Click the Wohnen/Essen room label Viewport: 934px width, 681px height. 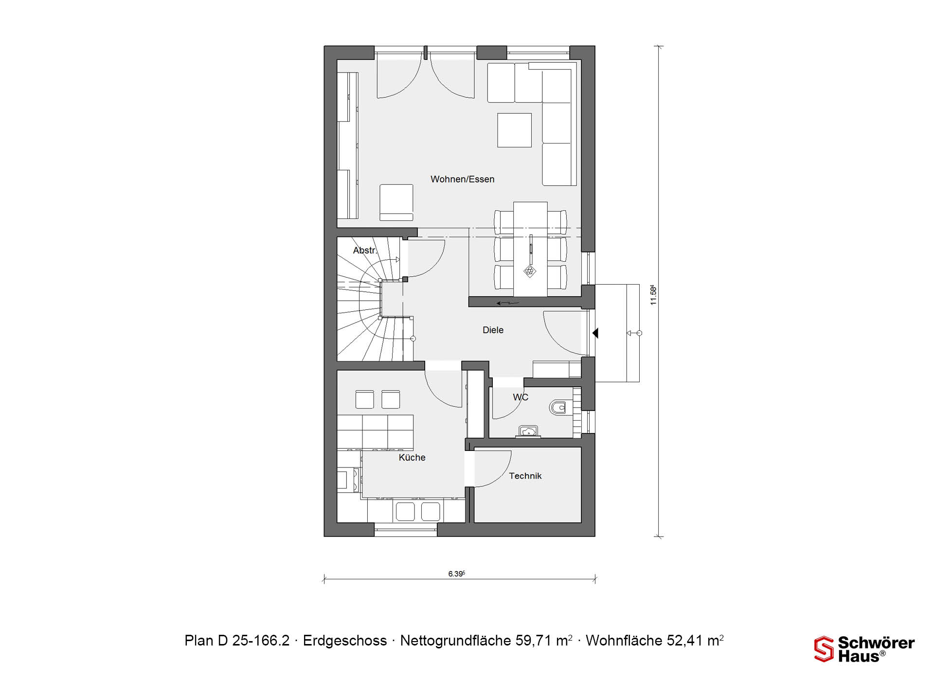[x=462, y=179]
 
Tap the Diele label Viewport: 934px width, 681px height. [x=493, y=330]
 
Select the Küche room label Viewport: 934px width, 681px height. [x=412, y=457]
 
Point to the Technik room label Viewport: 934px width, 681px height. [x=525, y=476]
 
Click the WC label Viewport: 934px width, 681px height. [x=521, y=397]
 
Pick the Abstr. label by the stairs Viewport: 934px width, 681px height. [x=365, y=251]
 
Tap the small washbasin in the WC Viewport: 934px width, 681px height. [x=528, y=431]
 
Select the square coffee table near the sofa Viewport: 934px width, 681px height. [x=514, y=130]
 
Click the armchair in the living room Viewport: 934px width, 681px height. [x=396, y=202]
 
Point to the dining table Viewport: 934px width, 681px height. [x=530, y=249]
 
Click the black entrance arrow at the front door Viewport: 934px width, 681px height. [x=595, y=333]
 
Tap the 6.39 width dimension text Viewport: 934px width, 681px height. [x=456, y=574]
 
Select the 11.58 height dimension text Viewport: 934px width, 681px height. [x=653, y=295]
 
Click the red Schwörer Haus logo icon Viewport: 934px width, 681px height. [x=824, y=649]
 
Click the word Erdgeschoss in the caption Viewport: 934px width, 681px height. [x=345, y=641]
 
